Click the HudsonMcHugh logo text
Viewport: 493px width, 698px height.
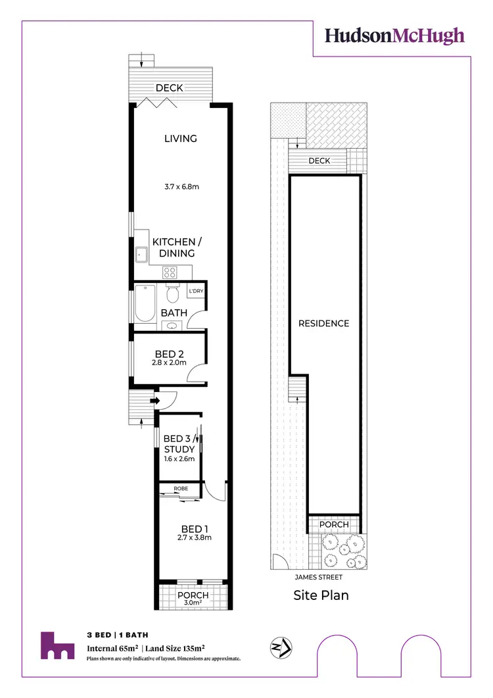tap(395, 36)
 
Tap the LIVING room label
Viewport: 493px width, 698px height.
tap(181, 138)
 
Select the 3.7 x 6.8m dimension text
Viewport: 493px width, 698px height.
tap(181, 187)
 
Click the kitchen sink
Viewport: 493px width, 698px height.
tap(141, 253)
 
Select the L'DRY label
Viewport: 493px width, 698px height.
tap(195, 291)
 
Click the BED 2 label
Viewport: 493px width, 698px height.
tap(168, 353)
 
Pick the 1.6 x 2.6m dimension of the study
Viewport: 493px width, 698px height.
tap(179, 459)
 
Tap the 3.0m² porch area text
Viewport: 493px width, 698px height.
tap(193, 603)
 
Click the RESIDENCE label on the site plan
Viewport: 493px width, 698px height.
tap(323, 323)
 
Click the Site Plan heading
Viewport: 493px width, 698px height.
tap(320, 595)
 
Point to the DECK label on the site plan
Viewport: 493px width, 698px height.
tap(319, 161)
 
